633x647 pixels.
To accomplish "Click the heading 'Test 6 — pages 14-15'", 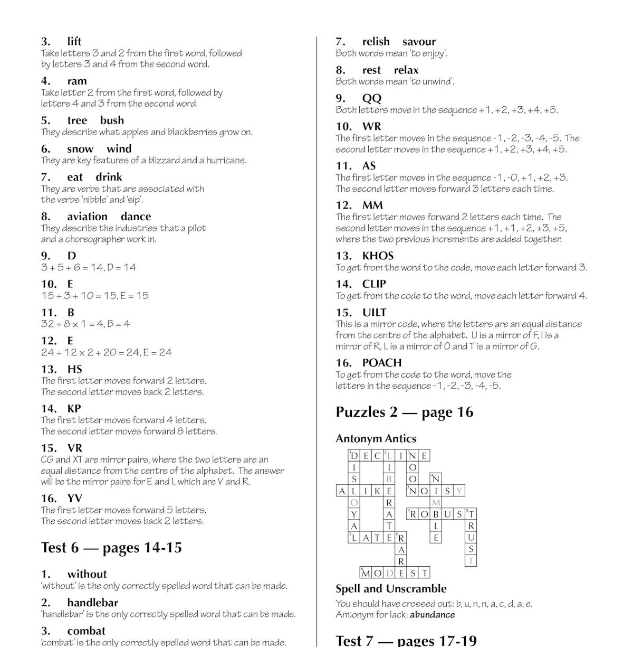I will pos(111,548).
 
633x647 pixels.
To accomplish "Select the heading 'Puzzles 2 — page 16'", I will pos(404,412).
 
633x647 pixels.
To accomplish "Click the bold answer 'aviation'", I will pos(87,217).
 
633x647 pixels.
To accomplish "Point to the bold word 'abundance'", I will pos(432,615).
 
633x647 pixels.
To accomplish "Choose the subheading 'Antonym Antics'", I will pos(376,438).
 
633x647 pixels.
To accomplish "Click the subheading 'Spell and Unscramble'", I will pos(391,589).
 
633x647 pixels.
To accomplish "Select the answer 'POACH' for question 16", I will pos(381,363).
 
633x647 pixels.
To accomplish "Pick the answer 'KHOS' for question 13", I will pos(378,256).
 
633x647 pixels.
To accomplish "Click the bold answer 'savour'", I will pos(419,42).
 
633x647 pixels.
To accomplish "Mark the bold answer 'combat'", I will pos(86,631).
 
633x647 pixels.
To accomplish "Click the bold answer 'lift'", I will pos(74,42).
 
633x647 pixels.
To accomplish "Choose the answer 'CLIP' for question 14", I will pos(374,284).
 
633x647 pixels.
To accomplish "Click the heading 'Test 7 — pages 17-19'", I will pos(406,641).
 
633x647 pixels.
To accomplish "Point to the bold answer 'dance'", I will pos(136,217).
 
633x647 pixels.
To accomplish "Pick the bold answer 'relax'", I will pos(406,70).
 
